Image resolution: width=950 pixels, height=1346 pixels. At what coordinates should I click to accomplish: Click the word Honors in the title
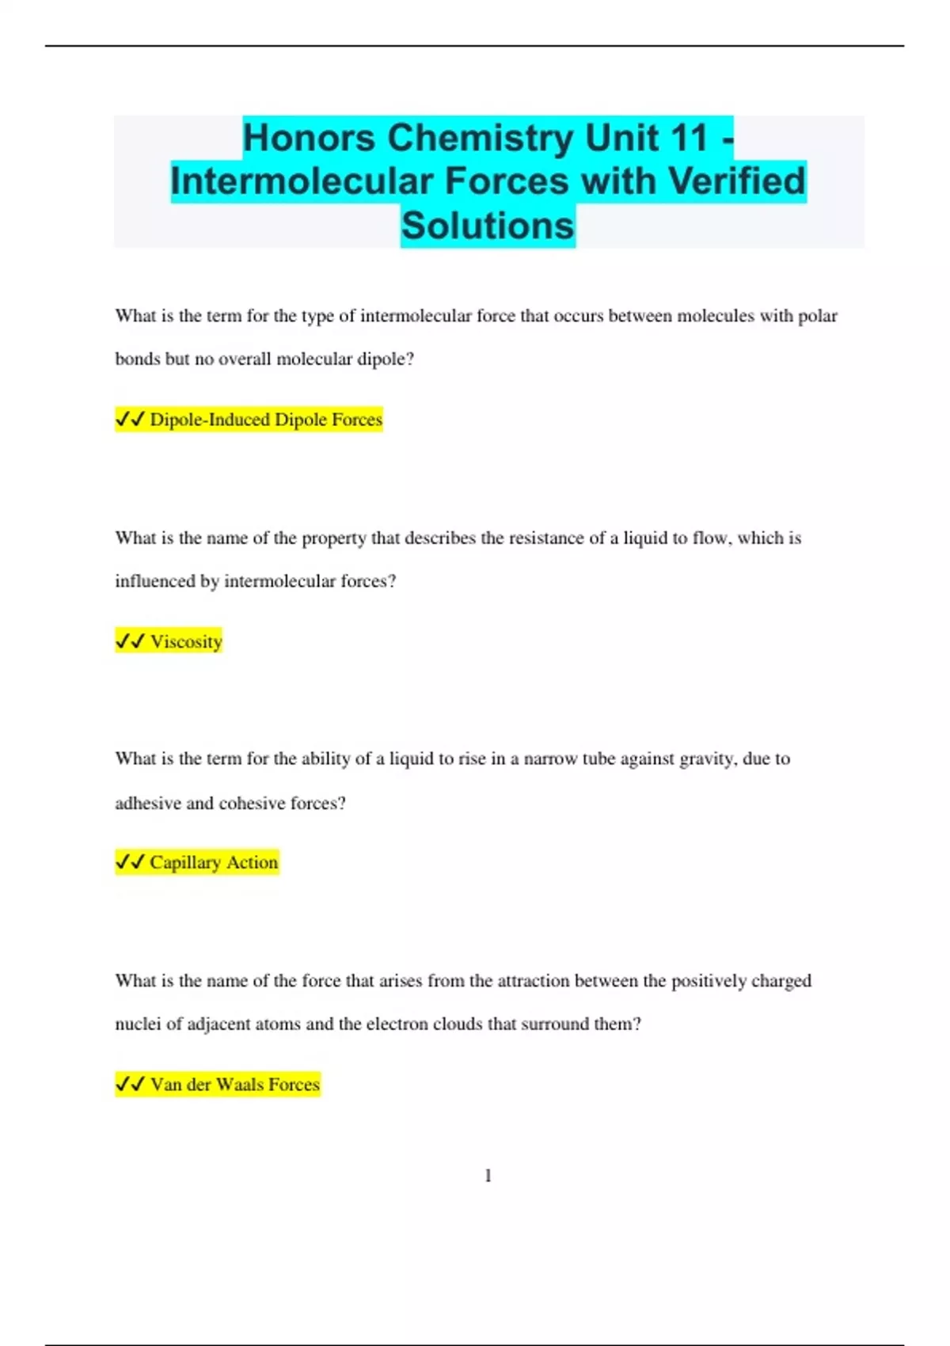[309, 138]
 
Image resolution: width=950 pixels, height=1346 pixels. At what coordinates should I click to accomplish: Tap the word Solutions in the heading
[488, 226]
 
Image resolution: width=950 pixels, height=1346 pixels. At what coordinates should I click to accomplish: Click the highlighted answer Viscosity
[186, 641]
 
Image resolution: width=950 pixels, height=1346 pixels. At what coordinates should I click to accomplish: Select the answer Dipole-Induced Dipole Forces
[266, 420]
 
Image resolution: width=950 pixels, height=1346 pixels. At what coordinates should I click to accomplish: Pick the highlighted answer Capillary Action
[214, 862]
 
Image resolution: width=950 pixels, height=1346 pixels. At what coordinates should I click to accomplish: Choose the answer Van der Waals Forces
[235, 1085]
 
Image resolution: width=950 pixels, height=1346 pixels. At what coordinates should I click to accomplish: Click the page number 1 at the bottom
[488, 1176]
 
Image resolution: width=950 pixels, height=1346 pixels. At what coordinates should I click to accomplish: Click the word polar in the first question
[817, 316]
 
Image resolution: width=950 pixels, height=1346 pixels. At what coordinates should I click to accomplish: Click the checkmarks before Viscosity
[130, 641]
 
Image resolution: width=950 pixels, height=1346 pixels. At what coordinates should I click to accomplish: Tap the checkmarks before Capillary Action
[130, 862]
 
